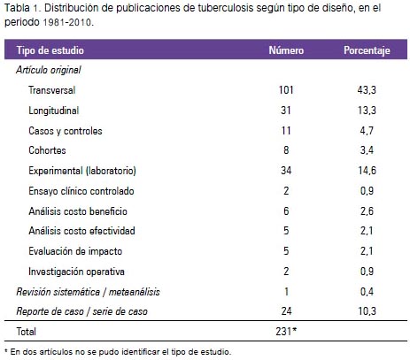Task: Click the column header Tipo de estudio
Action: pos(50,50)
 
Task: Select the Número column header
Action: pos(286,50)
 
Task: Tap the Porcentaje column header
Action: pos(367,50)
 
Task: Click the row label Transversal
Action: pos(52,90)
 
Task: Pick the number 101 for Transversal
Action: pos(286,90)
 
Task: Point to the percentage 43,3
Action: pos(367,90)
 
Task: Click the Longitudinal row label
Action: pos(54,111)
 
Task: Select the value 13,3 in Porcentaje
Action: pos(367,111)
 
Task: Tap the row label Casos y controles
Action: pos(66,131)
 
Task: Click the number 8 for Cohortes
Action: pos(286,150)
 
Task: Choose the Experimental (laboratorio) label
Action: pos(82,171)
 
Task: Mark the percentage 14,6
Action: pos(367,171)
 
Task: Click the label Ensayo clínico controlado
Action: pos(81,191)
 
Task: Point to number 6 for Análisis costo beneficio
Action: pos(286,211)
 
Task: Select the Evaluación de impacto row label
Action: pos(75,251)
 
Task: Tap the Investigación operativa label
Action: pos(76,272)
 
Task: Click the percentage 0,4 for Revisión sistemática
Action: pos(367,292)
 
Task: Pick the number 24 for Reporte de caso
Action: pos(286,311)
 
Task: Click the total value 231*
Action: pos(286,332)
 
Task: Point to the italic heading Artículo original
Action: pos(49,70)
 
